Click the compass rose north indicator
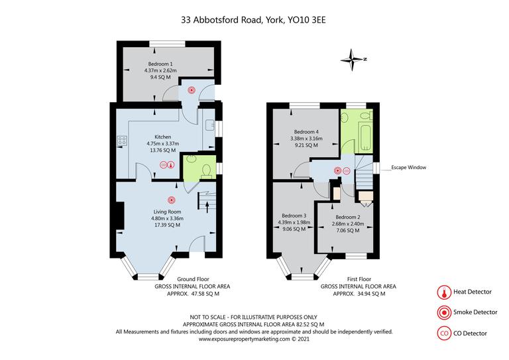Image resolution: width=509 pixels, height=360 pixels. pos(354,59)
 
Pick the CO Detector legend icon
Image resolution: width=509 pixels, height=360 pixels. pos(441,333)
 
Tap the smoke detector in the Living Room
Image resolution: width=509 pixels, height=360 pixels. pos(171,200)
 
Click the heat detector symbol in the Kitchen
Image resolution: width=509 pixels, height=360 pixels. pos(171,166)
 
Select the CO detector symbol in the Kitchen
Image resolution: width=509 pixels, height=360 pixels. pos(164,166)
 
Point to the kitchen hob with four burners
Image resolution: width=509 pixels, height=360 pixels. pos(122,140)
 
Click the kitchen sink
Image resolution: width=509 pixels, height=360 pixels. pos(209,125)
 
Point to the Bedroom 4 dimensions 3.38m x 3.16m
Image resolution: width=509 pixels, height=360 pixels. pos(307,139)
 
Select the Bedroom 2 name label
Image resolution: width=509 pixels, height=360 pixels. pos(347,217)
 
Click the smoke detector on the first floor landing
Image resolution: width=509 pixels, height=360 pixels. pos(338,170)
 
